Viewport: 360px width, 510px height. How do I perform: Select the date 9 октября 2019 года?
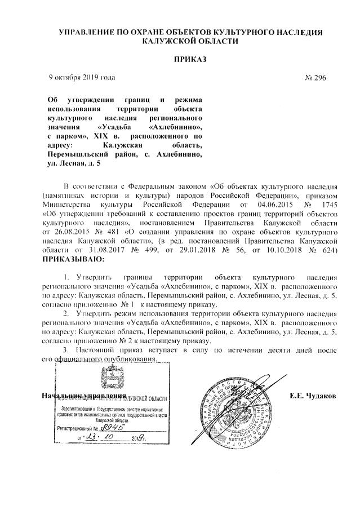click(x=82, y=77)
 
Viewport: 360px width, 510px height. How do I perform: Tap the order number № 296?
click(x=319, y=78)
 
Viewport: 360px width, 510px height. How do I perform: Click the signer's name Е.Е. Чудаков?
click(x=312, y=396)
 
